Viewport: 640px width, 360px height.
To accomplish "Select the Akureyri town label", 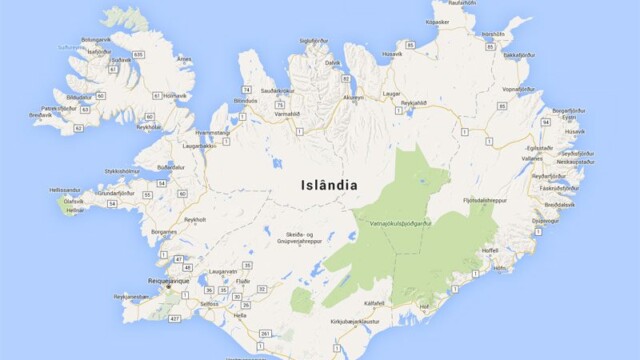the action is tap(354, 98).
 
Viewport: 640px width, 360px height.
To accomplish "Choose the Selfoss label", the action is tap(209, 303).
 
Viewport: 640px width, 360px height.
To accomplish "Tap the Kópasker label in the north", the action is tap(437, 21).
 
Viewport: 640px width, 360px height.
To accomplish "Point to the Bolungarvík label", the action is tap(96, 39).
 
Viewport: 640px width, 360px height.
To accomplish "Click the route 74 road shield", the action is tap(245, 89).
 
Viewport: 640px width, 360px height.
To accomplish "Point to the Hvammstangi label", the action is tap(213, 132).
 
